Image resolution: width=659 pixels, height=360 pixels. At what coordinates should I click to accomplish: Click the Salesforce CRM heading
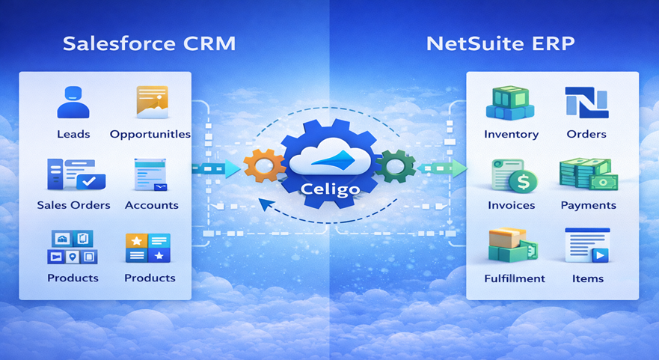tap(149, 43)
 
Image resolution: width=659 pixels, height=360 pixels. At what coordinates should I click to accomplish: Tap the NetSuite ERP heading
tap(500, 43)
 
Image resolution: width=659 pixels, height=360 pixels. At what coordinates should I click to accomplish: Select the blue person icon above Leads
tap(73, 103)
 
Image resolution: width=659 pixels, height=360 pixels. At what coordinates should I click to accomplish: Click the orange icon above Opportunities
tap(152, 102)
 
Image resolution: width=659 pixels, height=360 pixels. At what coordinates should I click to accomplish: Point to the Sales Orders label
tap(73, 205)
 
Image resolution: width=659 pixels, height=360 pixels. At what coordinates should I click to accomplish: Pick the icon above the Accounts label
tap(150, 174)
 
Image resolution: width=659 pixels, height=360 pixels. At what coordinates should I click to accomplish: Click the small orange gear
tap(264, 165)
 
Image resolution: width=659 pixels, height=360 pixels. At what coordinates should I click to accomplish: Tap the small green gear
tap(395, 166)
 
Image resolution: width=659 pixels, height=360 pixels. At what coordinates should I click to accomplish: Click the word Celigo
tap(331, 189)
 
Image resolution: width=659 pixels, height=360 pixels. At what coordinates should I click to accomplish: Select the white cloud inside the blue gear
tap(331, 157)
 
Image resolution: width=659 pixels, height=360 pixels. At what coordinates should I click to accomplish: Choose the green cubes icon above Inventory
tap(510, 103)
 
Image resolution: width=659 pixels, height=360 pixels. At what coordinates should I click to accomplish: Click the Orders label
tap(586, 134)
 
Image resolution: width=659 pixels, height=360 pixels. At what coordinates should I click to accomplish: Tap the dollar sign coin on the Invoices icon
tap(524, 182)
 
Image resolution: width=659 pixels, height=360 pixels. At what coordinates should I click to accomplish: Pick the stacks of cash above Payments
tap(589, 174)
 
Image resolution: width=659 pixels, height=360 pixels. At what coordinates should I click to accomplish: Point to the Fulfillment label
tap(515, 278)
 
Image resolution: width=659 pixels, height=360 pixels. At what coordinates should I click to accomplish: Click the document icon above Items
tap(587, 245)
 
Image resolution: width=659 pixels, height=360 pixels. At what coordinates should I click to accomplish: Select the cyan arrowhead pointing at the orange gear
tap(233, 168)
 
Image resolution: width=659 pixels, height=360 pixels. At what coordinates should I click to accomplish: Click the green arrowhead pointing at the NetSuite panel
tap(460, 168)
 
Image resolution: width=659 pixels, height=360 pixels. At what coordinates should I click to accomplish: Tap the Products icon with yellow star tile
tap(148, 248)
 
